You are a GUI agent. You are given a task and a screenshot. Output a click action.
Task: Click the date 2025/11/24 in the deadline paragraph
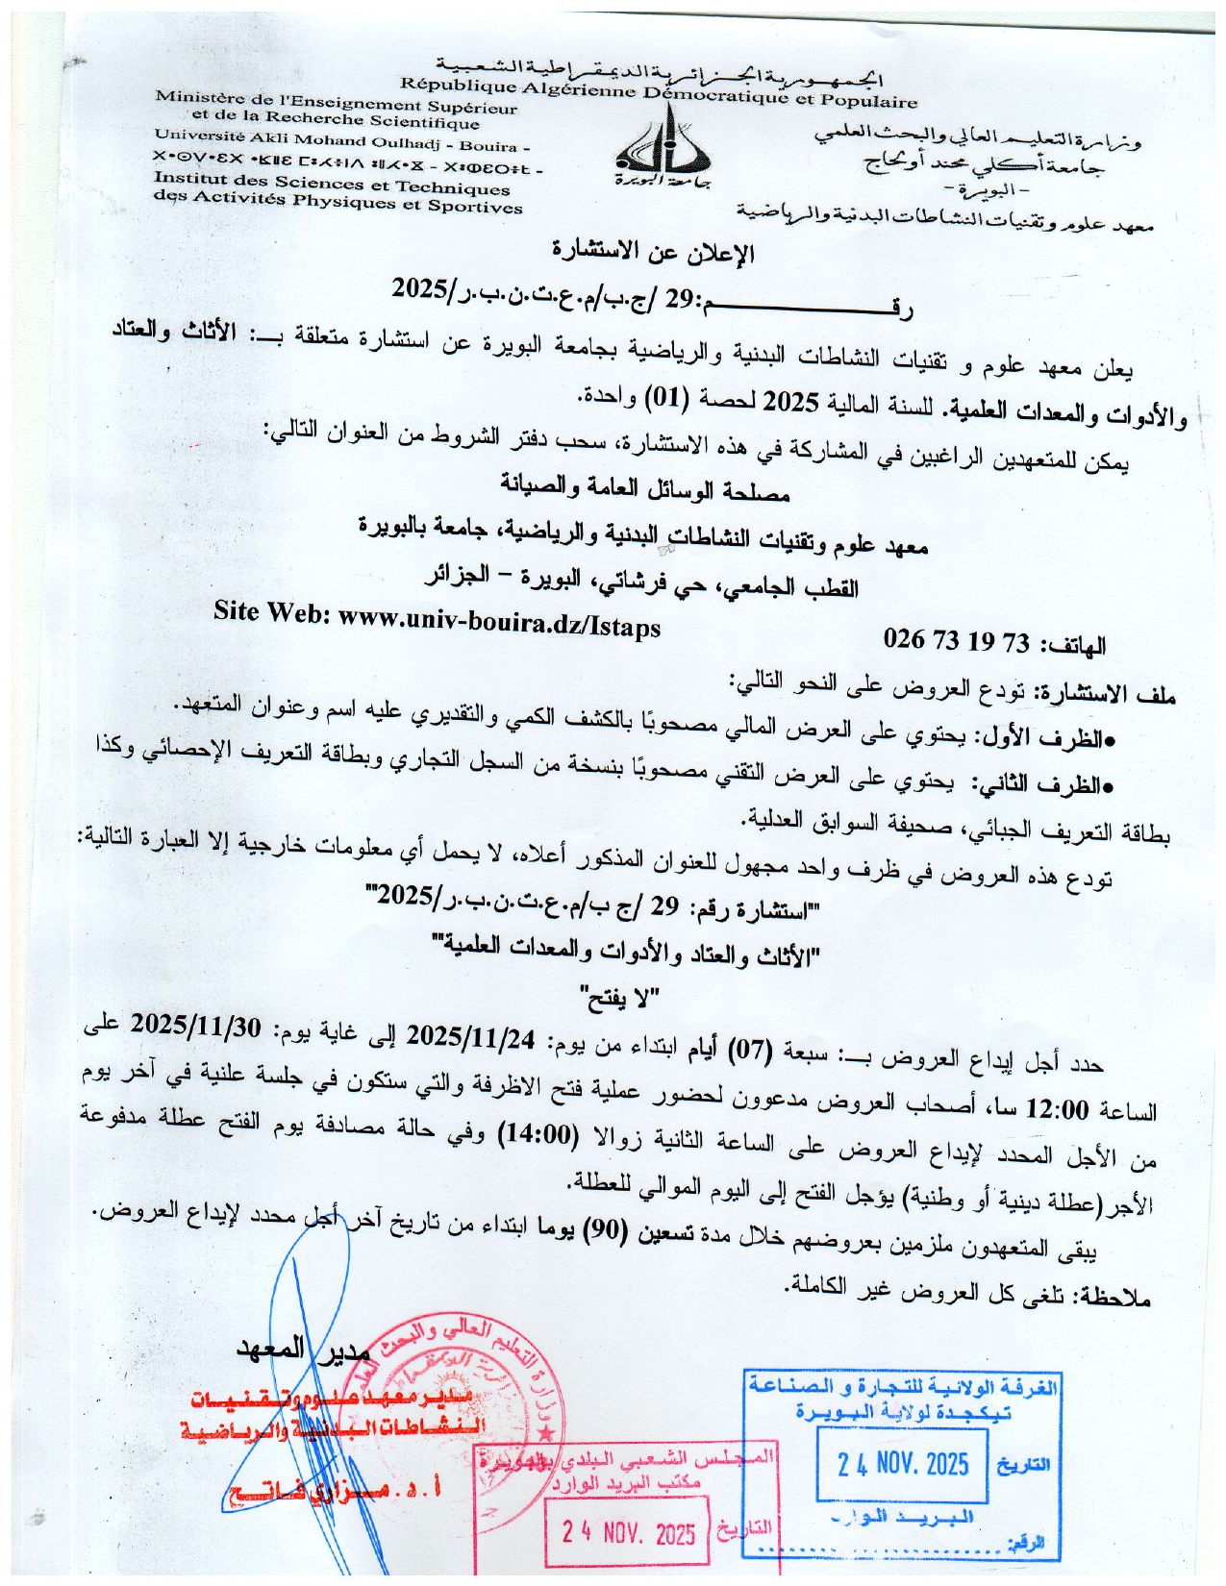[x=471, y=1037]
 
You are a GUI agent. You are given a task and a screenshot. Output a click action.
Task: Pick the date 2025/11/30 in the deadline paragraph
[x=196, y=1025]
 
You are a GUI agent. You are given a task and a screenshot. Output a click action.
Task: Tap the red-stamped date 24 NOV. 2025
[x=629, y=1532]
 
